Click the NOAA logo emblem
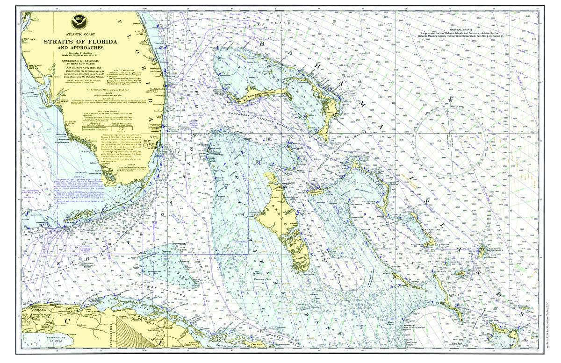coord(77,21)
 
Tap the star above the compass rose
coord(451,100)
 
